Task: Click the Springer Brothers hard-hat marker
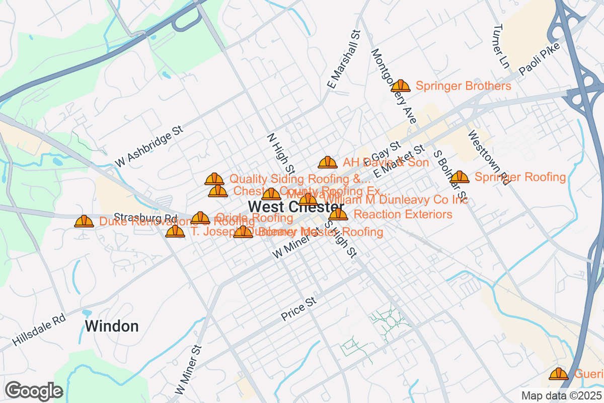[x=401, y=86]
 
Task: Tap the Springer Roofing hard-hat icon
[x=460, y=177]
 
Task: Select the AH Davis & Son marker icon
[x=328, y=162]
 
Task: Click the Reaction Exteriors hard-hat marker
[x=338, y=215]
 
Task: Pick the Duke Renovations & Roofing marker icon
[x=84, y=221]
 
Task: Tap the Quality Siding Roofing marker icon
[x=214, y=179]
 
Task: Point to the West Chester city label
[x=296, y=207]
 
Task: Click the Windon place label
[x=112, y=326]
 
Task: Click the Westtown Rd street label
[x=489, y=157]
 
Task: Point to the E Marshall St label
[x=345, y=60]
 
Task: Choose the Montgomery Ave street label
[x=394, y=86]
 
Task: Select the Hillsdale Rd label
[x=39, y=331]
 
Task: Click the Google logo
[x=34, y=391]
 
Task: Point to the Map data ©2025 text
[x=560, y=396]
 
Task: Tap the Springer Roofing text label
[x=520, y=177]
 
